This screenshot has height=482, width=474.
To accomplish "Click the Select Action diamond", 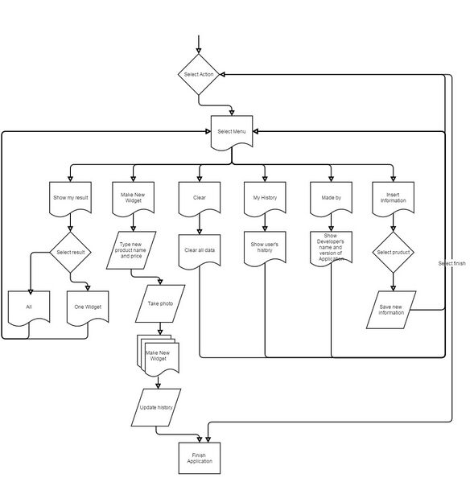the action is (x=199, y=74).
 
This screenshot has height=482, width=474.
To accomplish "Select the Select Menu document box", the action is (x=232, y=133).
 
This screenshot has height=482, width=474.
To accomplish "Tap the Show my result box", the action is (x=70, y=199).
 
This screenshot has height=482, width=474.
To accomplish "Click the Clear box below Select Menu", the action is (x=200, y=199).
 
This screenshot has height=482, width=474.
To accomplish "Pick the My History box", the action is (x=265, y=199).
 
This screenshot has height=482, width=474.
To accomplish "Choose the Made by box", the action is (x=331, y=199).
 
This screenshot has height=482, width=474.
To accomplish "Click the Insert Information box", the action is (x=394, y=199).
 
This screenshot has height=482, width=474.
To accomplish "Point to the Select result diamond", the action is (x=70, y=252).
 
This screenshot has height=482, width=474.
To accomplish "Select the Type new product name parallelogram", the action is (x=131, y=250).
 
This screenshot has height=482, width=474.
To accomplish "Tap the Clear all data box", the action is (x=200, y=252).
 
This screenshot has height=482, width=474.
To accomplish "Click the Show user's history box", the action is (x=265, y=249).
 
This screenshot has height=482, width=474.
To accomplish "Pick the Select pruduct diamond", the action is (x=394, y=252).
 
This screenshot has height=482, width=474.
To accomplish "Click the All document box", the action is (x=29, y=308).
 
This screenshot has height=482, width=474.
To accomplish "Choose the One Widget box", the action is (x=88, y=308).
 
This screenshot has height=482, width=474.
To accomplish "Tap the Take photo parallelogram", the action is (x=160, y=303).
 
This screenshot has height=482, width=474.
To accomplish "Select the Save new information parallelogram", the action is (x=391, y=310).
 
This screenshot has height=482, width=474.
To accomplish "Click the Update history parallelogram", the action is (x=156, y=407).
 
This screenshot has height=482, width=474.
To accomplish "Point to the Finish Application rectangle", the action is (x=200, y=458).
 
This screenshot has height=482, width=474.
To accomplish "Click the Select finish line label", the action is (x=451, y=263).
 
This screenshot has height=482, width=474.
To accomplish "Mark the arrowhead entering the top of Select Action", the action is (x=199, y=51).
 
